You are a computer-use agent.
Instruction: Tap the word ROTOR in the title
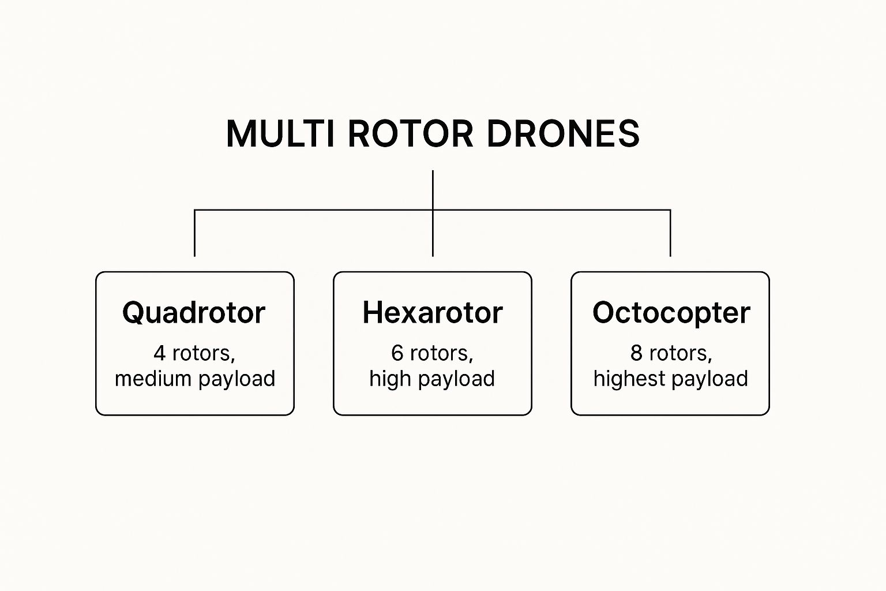410,134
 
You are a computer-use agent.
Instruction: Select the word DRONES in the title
563,134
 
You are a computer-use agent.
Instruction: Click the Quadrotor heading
194,313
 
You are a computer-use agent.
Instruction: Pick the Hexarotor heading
433,313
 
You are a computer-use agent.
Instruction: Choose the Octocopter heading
671,313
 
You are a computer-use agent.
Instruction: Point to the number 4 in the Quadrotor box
160,353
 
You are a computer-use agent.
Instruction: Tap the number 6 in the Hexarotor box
397,353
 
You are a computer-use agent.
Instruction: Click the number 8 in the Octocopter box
636,353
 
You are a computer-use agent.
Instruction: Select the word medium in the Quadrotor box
153,379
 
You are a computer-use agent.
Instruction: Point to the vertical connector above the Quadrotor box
195,233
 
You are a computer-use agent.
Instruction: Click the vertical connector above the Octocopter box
670,233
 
